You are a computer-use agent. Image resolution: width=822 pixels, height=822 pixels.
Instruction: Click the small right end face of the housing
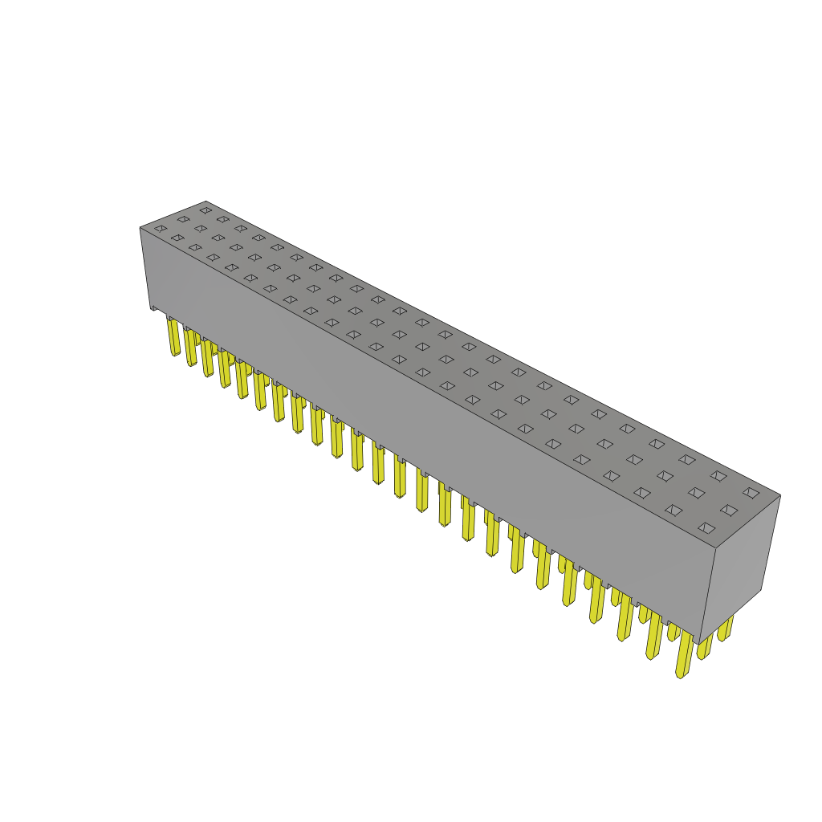point(739,562)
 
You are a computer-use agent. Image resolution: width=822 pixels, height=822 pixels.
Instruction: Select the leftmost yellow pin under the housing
point(173,336)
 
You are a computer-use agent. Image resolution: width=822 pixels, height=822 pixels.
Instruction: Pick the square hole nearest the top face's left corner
point(161,229)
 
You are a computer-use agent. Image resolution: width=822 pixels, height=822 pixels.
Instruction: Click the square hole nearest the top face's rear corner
point(206,210)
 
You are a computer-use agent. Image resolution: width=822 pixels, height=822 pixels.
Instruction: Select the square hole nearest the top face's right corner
point(751,493)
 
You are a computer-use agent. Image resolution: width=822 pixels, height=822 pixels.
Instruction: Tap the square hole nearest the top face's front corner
point(706,528)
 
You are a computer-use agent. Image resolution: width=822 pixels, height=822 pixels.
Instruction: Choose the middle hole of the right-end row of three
point(729,511)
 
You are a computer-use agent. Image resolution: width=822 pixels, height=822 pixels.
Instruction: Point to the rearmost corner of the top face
point(206,201)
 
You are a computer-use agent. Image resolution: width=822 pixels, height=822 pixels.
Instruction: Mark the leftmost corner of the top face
point(140,228)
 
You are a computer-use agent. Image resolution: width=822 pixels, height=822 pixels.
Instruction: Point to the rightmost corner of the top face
point(780,494)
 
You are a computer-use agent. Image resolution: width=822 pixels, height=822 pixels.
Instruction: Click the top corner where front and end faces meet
point(715,548)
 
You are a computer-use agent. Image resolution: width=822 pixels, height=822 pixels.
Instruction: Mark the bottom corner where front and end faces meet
point(698,644)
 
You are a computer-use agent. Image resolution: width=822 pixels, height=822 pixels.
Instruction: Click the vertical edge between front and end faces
point(707,596)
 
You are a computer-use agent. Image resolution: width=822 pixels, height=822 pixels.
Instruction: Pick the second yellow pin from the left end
point(190,348)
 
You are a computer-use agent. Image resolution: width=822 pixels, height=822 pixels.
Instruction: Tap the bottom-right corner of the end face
point(760,590)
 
